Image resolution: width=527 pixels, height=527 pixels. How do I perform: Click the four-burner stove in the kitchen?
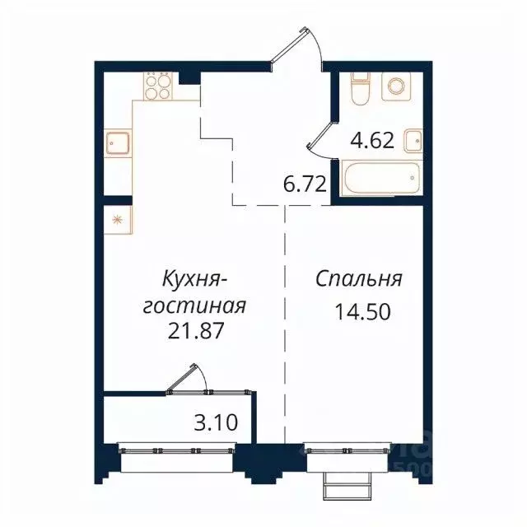[x=158, y=86]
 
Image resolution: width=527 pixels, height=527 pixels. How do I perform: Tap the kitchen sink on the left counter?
[x=116, y=143]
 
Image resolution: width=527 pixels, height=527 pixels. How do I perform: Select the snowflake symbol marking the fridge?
[x=116, y=219]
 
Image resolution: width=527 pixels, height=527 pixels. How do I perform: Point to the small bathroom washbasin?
[x=415, y=141]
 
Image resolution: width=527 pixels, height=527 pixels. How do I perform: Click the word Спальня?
[x=358, y=279]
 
